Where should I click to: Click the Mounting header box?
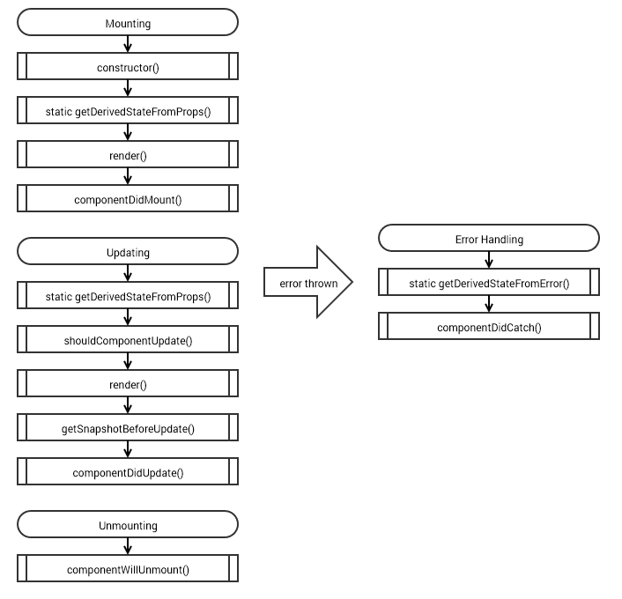[x=128, y=23]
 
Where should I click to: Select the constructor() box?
[x=128, y=67]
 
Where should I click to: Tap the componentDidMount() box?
[x=128, y=199]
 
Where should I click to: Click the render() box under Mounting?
[x=128, y=155]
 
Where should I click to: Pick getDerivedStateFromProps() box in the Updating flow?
[x=128, y=296]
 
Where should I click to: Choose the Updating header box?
[x=128, y=252]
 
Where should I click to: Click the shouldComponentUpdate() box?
[x=128, y=340]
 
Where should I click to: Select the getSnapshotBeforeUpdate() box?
[x=128, y=428]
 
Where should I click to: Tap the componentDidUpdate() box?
[x=128, y=472]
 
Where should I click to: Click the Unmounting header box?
[x=128, y=525]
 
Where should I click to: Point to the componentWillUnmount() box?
[x=128, y=569]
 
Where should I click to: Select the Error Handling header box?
[x=489, y=239]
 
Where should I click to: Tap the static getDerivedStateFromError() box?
[x=489, y=283]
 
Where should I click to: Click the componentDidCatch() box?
[x=489, y=327]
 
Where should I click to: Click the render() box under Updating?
[x=128, y=384]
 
